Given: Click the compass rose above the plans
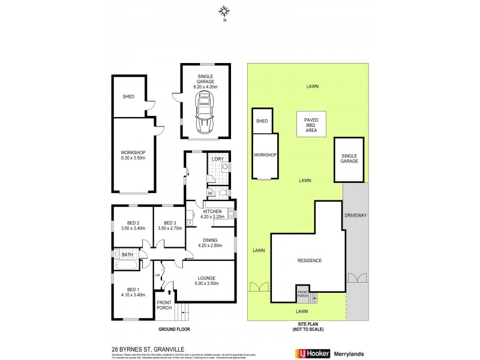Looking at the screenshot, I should coord(224,10).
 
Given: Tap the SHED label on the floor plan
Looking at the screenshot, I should coord(128,96).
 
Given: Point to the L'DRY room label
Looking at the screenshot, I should coord(217,159).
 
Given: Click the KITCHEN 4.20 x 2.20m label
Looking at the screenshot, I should coord(212,214).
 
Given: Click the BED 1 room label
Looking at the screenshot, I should coord(133,291).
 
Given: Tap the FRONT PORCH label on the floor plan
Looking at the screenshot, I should coord(164,305).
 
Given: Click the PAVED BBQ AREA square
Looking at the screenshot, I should coord(311,125).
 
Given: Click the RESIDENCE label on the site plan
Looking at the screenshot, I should coord(310,260).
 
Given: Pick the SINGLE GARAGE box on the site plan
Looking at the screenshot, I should coord(349,158).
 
